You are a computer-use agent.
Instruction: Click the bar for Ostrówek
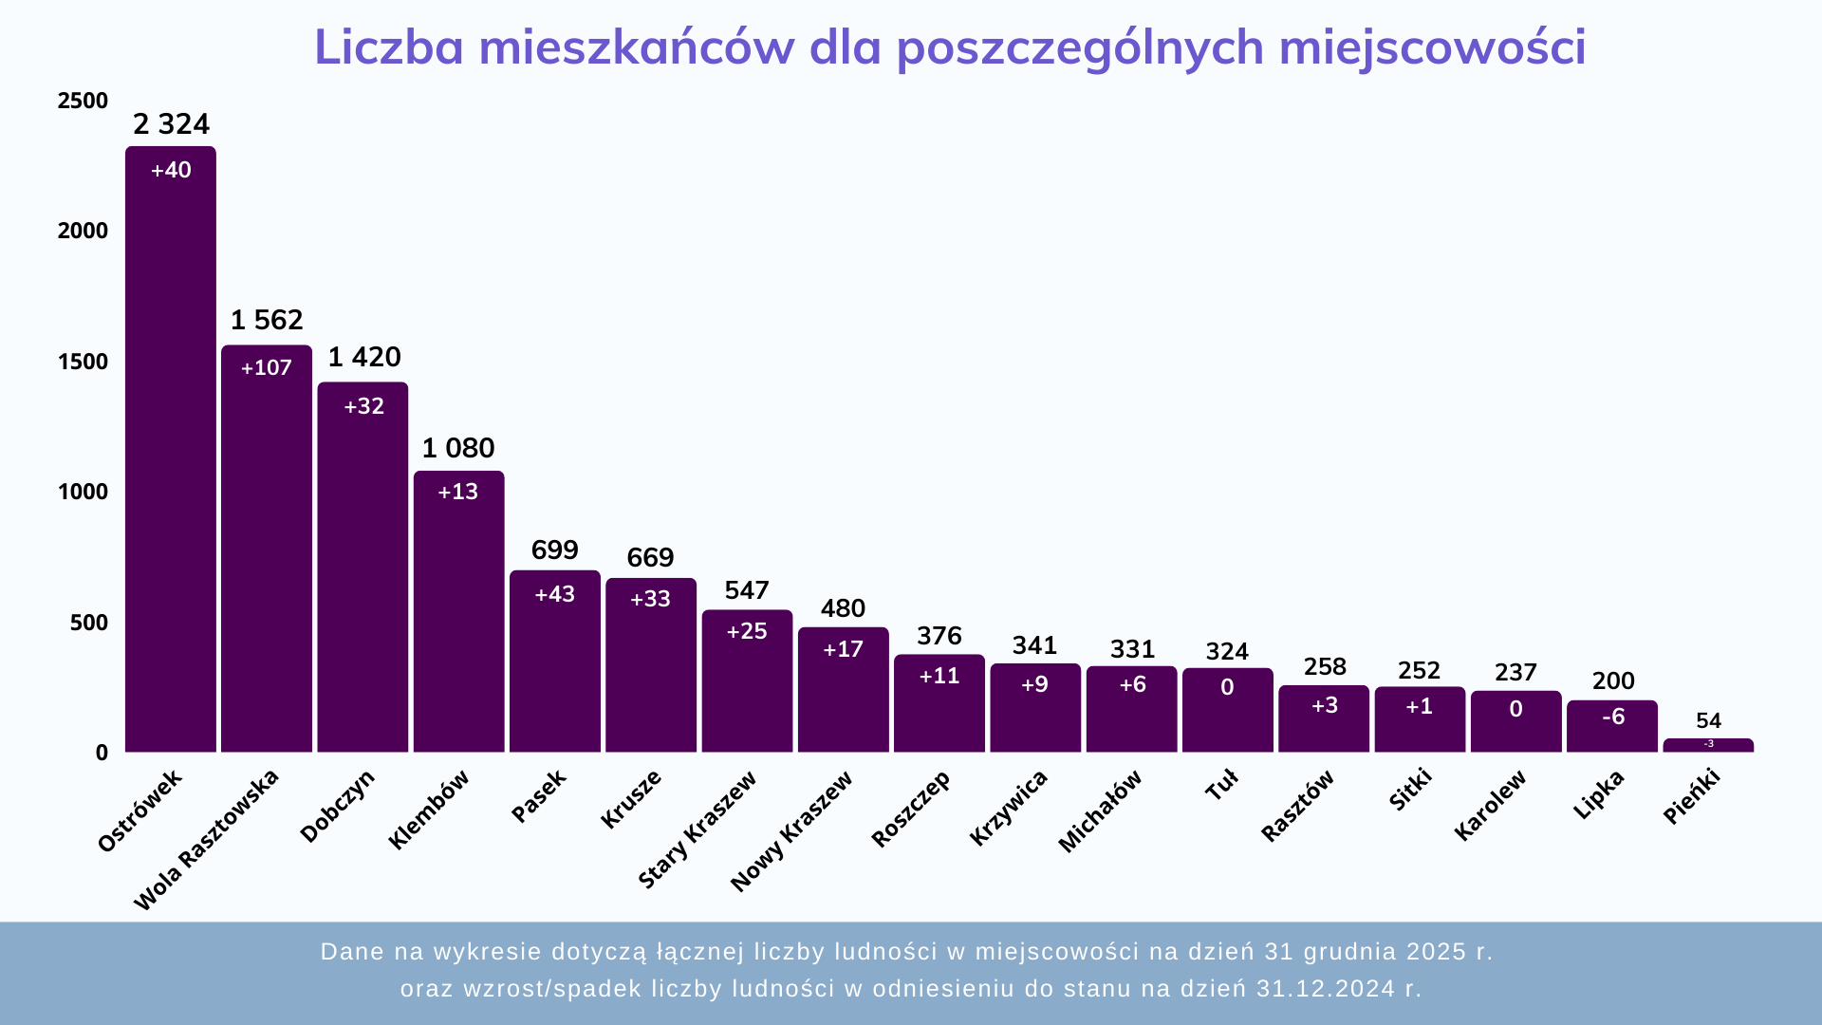pyautogui.click(x=171, y=456)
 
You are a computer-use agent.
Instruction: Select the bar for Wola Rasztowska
pyautogui.click(x=267, y=560)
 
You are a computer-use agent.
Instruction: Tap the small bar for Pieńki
pyautogui.click(x=1708, y=745)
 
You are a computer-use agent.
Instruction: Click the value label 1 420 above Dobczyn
pyautogui.click(x=364, y=357)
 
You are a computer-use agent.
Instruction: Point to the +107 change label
pyautogui.click(x=267, y=368)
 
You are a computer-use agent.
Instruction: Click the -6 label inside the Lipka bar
pyautogui.click(x=1612, y=717)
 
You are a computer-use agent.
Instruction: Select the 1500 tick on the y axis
pyautogui.click(x=84, y=362)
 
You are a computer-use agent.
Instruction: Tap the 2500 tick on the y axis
pyautogui.click(x=84, y=101)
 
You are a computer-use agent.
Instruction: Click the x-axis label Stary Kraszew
pyautogui.click(x=697, y=829)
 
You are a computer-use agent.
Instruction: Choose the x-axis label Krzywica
pyautogui.click(x=1009, y=807)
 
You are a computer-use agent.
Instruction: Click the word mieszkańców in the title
pyautogui.click(x=636, y=47)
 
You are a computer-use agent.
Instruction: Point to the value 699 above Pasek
pyautogui.click(x=554, y=550)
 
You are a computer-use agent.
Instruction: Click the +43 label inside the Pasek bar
pyautogui.click(x=554, y=594)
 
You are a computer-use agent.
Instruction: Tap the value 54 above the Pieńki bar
pyautogui.click(x=1708, y=720)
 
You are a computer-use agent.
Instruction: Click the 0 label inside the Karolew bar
pyautogui.click(x=1515, y=709)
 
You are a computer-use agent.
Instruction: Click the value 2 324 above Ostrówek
pyautogui.click(x=171, y=124)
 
